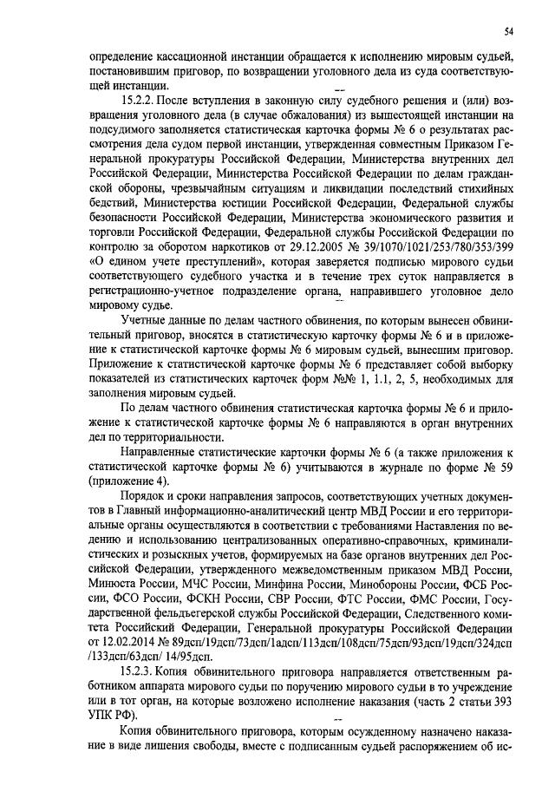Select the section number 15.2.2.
(x=140, y=101)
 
